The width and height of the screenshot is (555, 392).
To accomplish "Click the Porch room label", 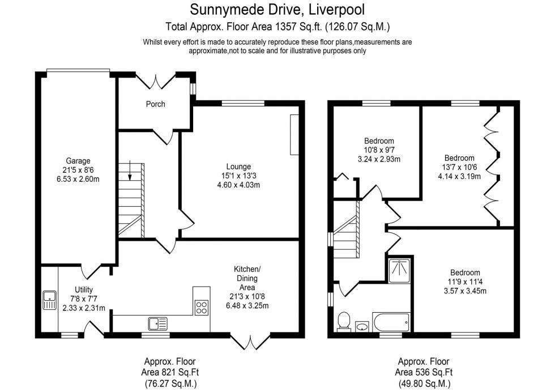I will [x=155, y=104].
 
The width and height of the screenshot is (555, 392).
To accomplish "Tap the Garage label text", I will [x=78, y=161].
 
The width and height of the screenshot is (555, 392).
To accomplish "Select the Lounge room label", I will [x=238, y=167].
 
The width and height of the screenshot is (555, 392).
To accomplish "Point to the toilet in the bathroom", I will [x=343, y=321].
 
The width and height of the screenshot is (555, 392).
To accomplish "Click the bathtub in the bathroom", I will [x=391, y=322].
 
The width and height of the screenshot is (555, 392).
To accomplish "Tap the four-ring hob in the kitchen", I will [x=201, y=308].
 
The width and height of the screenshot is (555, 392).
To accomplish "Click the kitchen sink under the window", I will [x=157, y=323].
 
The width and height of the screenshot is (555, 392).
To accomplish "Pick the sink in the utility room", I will [x=49, y=299].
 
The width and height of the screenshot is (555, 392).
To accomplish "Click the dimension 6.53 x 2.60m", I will [x=78, y=179].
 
